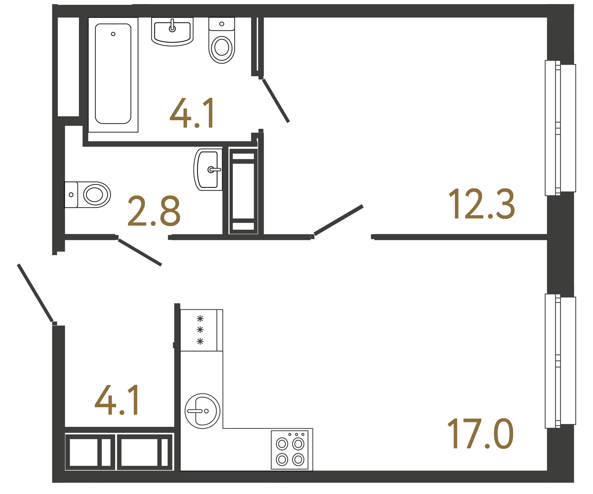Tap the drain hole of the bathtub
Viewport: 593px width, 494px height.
[113, 34]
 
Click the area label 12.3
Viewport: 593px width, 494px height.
[482, 204]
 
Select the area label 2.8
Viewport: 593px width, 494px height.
[154, 211]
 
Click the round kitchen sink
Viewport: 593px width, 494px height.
[202, 411]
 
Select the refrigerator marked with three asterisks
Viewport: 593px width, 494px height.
[201, 330]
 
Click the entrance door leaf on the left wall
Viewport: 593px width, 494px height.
[35, 293]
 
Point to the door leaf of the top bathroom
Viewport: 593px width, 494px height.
[276, 101]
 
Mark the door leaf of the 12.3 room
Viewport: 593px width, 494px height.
[339, 220]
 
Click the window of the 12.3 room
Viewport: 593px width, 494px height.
[560, 128]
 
